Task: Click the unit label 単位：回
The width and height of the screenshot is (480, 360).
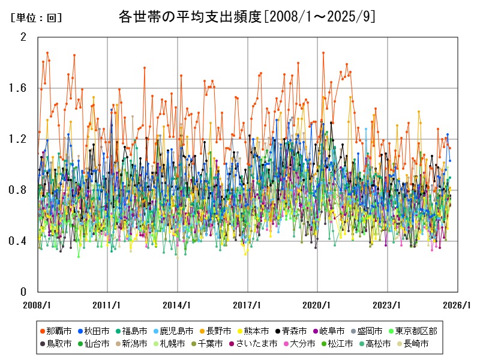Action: coord(36,18)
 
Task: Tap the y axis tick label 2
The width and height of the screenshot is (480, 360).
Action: coord(24,37)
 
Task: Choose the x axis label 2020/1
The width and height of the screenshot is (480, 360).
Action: coord(318,305)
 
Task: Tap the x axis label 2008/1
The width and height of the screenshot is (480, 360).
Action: coord(37,305)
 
